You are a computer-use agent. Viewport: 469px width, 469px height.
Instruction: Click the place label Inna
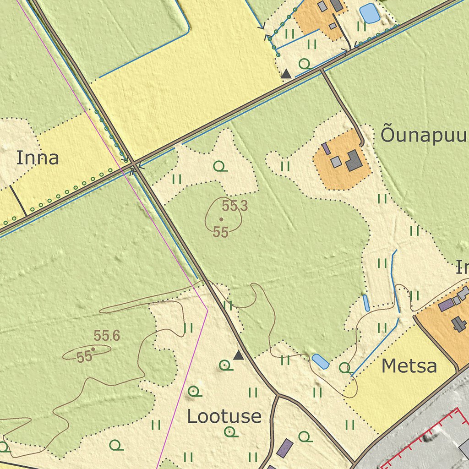tap(38, 158)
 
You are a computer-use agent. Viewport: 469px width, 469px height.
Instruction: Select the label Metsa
tap(409, 366)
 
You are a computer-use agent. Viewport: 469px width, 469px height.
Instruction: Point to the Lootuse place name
tap(224, 416)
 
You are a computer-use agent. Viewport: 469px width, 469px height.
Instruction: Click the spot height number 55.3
tap(235, 206)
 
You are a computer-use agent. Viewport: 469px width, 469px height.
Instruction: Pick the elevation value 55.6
tap(107, 336)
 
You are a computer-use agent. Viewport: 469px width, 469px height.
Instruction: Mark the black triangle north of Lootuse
tap(239, 355)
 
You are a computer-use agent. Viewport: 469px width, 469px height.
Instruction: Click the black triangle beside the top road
tap(286, 73)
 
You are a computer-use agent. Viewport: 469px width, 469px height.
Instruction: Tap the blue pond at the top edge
tap(370, 13)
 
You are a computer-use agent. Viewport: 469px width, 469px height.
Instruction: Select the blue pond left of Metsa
tap(320, 361)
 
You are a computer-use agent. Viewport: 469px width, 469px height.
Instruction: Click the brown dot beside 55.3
tap(221, 219)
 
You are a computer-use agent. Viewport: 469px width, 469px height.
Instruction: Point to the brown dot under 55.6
tap(93, 349)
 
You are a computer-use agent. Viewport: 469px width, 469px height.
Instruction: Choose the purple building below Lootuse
tap(285, 447)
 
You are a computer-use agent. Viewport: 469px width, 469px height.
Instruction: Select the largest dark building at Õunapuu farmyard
tap(354, 160)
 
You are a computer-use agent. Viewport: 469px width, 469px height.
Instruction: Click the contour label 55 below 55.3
tap(221, 233)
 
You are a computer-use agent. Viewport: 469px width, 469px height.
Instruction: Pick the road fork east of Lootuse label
tap(277, 394)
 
